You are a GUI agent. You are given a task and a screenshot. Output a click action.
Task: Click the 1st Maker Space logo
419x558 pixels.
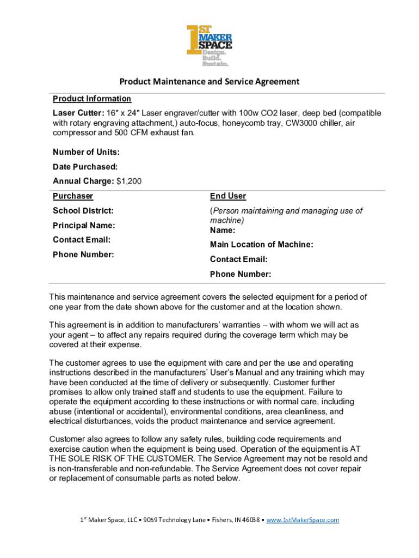pos(209,46)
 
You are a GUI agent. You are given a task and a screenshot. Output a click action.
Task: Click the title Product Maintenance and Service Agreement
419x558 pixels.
pos(209,82)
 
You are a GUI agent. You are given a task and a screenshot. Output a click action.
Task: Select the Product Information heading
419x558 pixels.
pos(92,99)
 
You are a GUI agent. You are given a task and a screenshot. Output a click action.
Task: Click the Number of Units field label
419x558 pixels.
pos(86,152)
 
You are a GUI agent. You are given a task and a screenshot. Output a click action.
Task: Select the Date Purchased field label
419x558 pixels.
pos(85,167)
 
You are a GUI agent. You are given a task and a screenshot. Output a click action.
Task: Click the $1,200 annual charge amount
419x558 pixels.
pos(129,181)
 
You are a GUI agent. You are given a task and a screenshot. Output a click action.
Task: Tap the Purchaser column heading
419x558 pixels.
pos(73,196)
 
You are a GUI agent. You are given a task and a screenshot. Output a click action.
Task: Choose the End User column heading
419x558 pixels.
pos(228,196)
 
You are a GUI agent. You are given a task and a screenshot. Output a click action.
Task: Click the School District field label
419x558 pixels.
pos(83,211)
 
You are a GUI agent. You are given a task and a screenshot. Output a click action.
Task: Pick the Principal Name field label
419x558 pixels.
pos(84,226)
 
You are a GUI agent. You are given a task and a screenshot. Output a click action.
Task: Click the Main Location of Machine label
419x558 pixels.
pos(261,245)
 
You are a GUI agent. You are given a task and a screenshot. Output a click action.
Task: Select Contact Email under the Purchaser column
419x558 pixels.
pos(82,240)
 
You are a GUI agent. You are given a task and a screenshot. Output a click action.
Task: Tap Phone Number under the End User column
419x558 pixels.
pos(241,274)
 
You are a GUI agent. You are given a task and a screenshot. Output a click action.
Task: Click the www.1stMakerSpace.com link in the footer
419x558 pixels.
pos(303,520)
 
